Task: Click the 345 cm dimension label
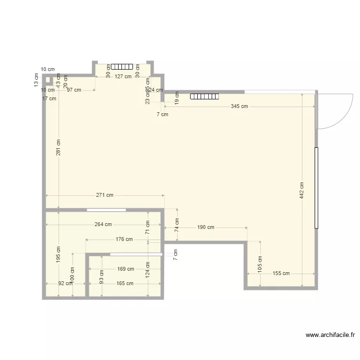pos(239,107)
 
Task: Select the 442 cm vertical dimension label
pos(301,191)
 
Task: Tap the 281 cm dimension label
pos(58,147)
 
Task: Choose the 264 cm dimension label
pos(103,224)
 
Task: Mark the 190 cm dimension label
pos(205,227)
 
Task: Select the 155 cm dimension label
pos(281,274)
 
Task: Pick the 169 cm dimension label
pos(125,269)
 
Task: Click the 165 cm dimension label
pos(125,283)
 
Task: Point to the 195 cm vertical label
pos(58,255)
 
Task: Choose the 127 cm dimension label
pos(123,76)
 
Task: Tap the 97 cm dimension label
pos(74,90)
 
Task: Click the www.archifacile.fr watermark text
pos(330,336)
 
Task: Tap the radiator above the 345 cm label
pos(204,96)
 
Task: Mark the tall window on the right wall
pos(316,188)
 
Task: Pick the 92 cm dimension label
pos(65,283)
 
